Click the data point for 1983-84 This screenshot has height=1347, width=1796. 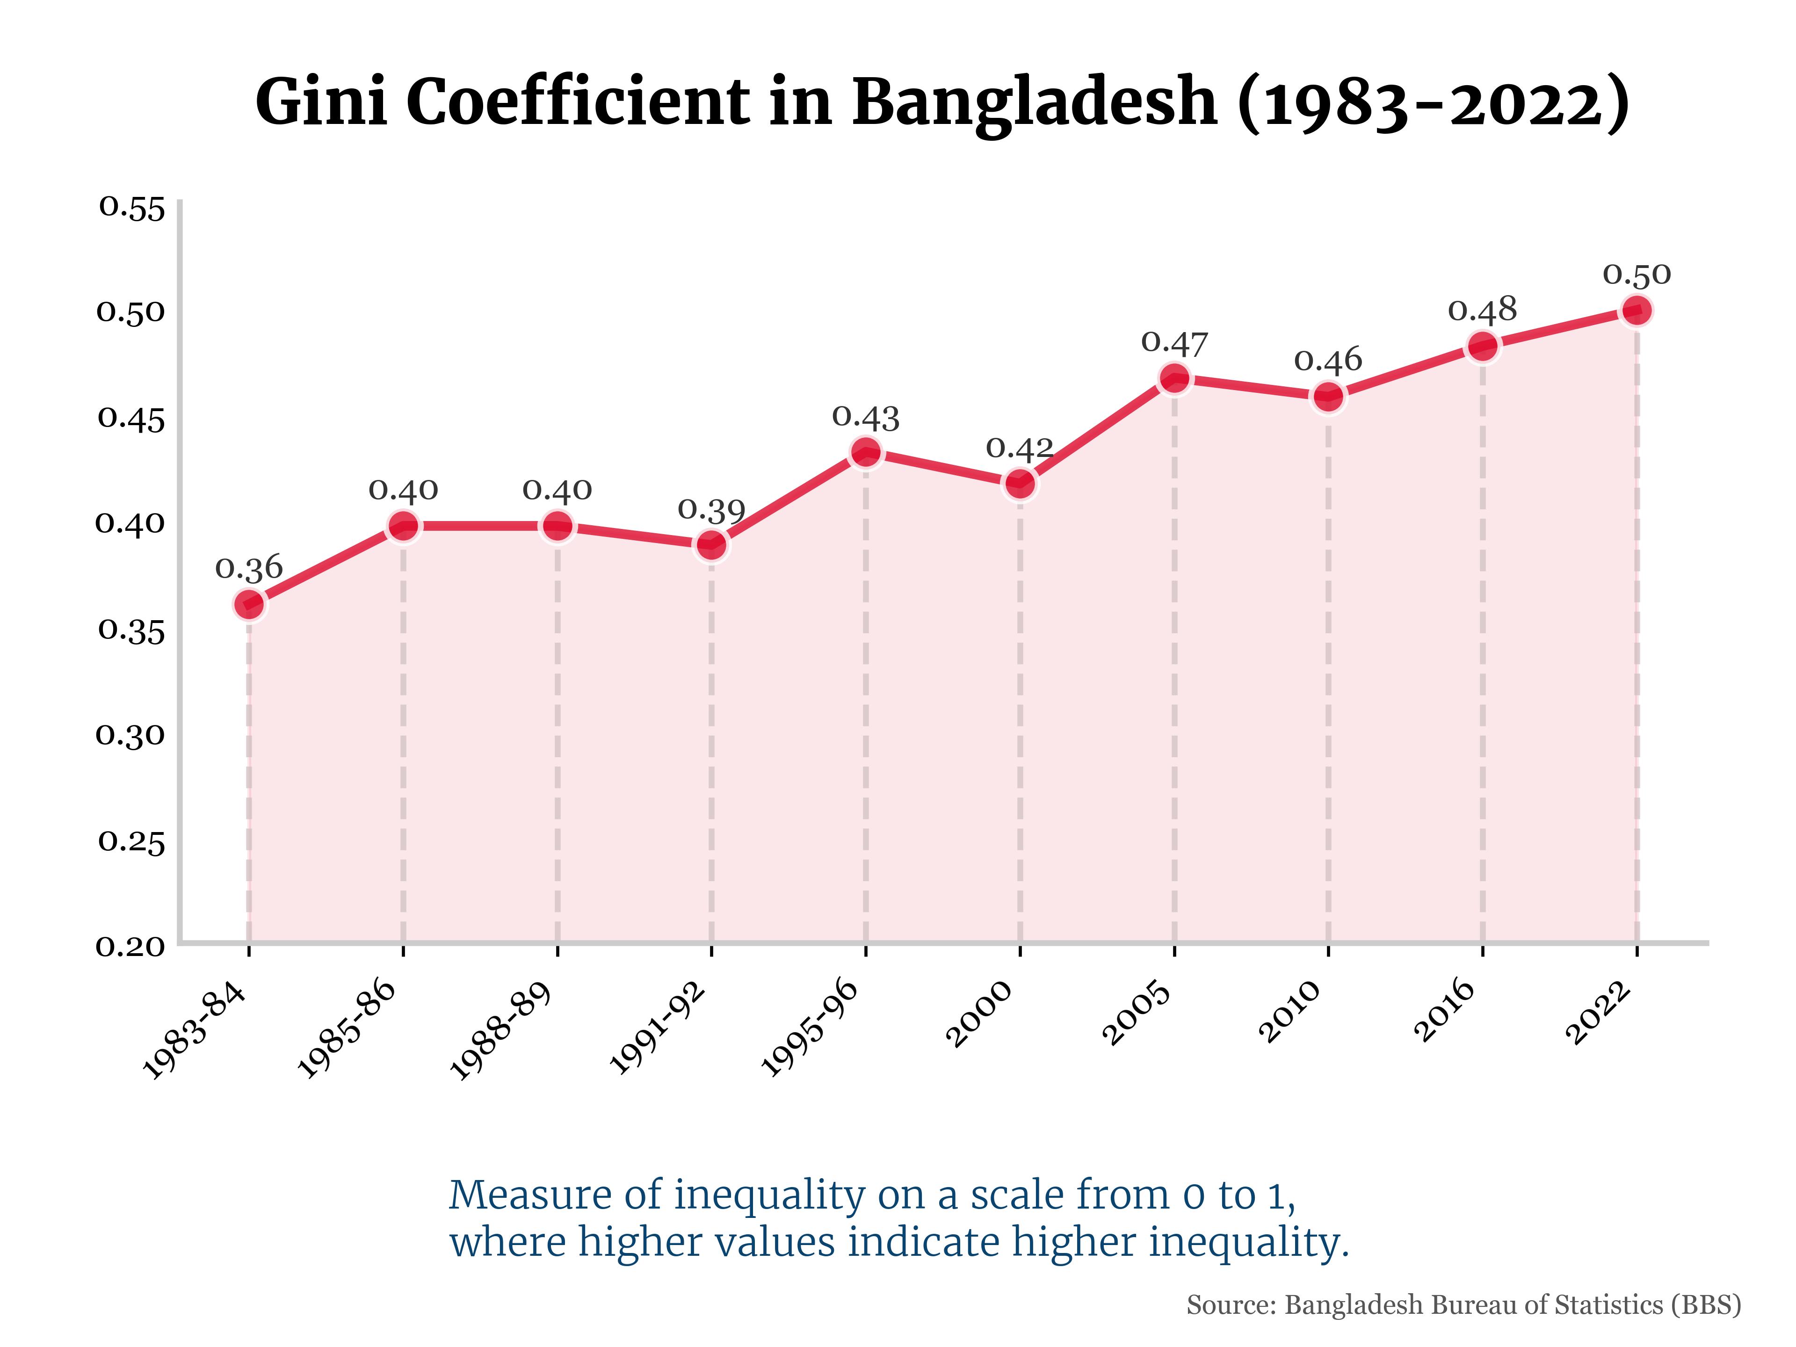point(249,604)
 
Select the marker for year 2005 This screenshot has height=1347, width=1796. point(1174,378)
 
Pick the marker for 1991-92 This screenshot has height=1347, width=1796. point(711,545)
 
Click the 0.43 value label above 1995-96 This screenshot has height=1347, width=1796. point(866,417)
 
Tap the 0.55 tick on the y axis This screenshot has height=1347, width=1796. point(131,208)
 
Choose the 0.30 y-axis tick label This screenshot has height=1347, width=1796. point(130,735)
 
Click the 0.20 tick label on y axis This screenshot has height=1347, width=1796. point(130,946)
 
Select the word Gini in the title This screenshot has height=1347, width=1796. point(322,102)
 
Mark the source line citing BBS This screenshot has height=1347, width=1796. point(1463,1305)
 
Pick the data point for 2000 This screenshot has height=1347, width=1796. point(1020,485)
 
